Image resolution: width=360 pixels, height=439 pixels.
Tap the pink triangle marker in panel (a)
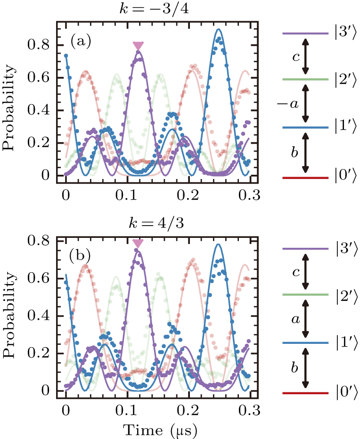pos(138,46)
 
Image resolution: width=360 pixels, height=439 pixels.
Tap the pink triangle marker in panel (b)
pos(138,244)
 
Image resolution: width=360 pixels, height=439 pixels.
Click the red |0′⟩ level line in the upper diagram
pos(305,178)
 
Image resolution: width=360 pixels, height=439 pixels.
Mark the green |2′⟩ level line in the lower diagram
pos(305,295)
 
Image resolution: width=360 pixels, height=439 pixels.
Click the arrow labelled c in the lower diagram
pos(306,272)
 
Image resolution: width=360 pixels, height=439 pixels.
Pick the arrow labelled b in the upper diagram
pos(306,153)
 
